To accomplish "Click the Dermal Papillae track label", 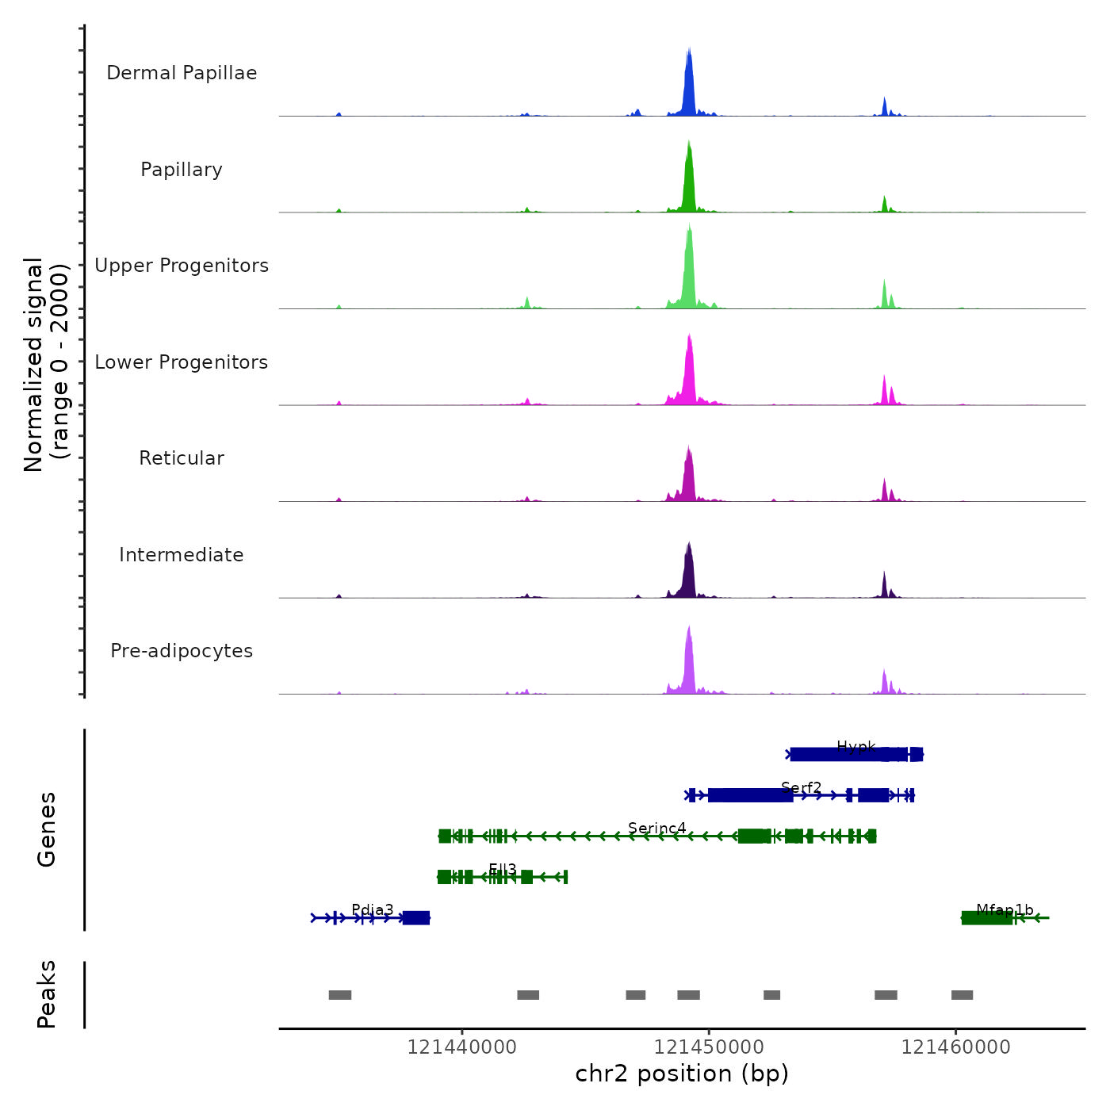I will click(x=182, y=73).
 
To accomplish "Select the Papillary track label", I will click(x=182, y=170).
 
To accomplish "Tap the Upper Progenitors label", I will click(x=182, y=266).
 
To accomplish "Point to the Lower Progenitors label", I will click(x=182, y=362).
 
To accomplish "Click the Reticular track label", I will click(x=182, y=458).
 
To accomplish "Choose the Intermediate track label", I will click(x=182, y=555).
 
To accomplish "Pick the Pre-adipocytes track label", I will click(x=182, y=651).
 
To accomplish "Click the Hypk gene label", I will click(x=856, y=747).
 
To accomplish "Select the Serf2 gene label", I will click(x=802, y=787).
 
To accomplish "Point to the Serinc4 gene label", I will click(x=657, y=829).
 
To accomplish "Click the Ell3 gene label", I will click(x=503, y=870).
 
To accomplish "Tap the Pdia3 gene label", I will click(x=373, y=910).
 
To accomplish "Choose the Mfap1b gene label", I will click(x=1005, y=910).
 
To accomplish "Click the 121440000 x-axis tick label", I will click(x=461, y=1047).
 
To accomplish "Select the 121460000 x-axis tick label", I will click(x=955, y=1047).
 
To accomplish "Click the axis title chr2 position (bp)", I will click(x=682, y=1074).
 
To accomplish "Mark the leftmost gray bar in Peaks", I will click(x=340, y=995).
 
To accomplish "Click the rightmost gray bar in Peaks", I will click(x=962, y=995).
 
